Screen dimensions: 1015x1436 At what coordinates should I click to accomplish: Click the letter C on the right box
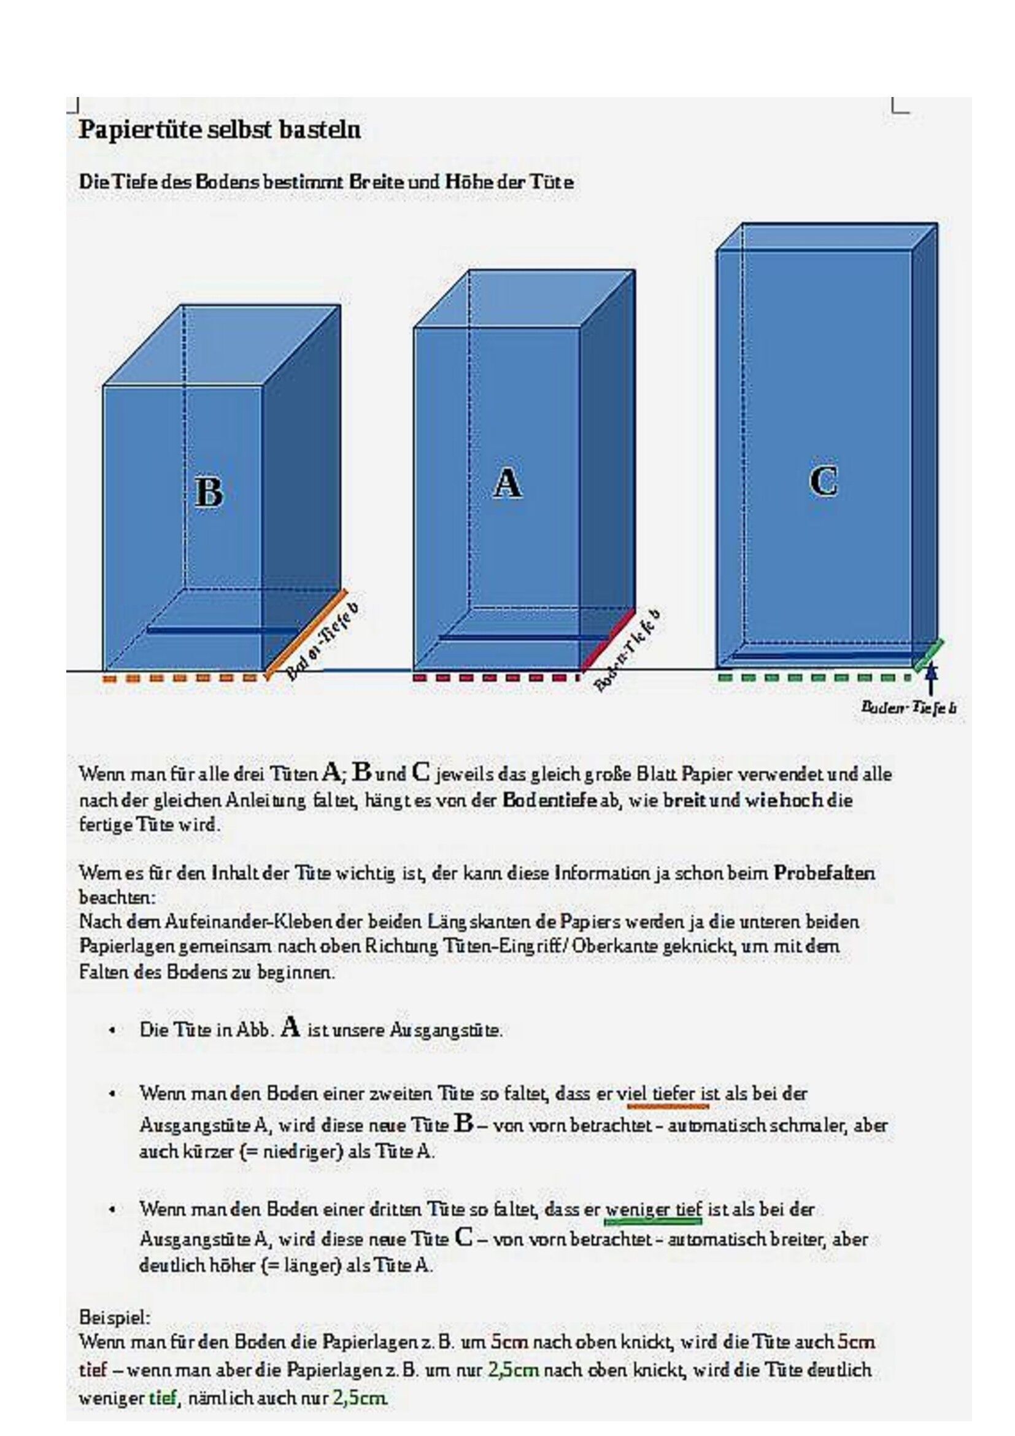pyautogui.click(x=823, y=481)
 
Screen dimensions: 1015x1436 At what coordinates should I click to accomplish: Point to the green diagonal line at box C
pyautogui.click(x=928, y=655)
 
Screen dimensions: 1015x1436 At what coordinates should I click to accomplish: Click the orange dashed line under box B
pyautogui.click(x=180, y=677)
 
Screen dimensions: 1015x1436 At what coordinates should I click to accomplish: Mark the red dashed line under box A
pyautogui.click(x=496, y=677)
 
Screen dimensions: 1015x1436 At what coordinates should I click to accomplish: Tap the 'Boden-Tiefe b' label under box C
pyautogui.click(x=909, y=707)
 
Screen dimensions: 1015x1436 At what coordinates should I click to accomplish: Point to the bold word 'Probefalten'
pyautogui.click(x=824, y=872)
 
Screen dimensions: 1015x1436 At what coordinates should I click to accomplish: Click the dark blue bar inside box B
pyautogui.click(x=222, y=631)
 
